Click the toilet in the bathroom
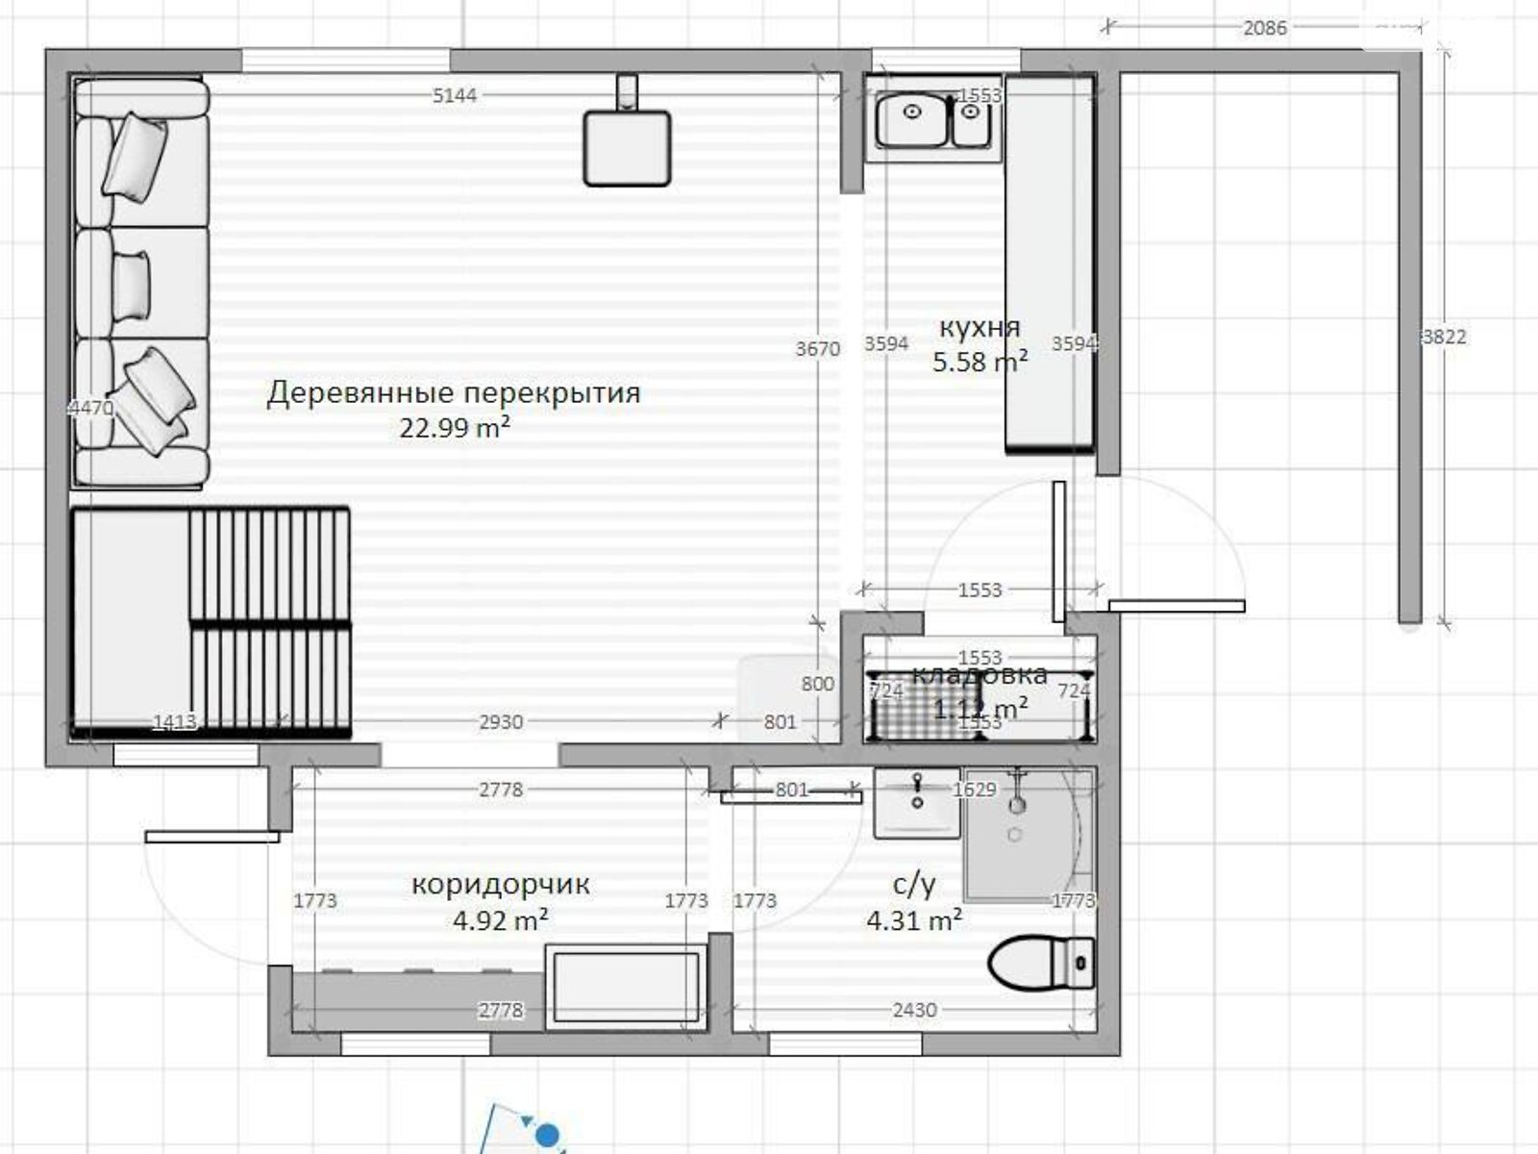[1041, 963]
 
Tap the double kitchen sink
[930, 119]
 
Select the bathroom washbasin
[917, 803]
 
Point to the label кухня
[979, 327]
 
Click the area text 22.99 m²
[455, 427]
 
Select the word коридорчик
[500, 884]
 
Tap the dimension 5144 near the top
[455, 95]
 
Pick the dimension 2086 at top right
[1264, 28]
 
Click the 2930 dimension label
[501, 721]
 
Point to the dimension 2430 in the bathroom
[913, 1010]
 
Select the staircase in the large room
[269, 623]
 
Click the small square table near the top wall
[627, 147]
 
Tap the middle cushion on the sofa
[132, 285]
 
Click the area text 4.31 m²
[913, 920]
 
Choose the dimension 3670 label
[817, 348]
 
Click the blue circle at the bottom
[548, 1138]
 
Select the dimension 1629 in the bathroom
[974, 790]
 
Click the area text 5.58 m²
[979, 363]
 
